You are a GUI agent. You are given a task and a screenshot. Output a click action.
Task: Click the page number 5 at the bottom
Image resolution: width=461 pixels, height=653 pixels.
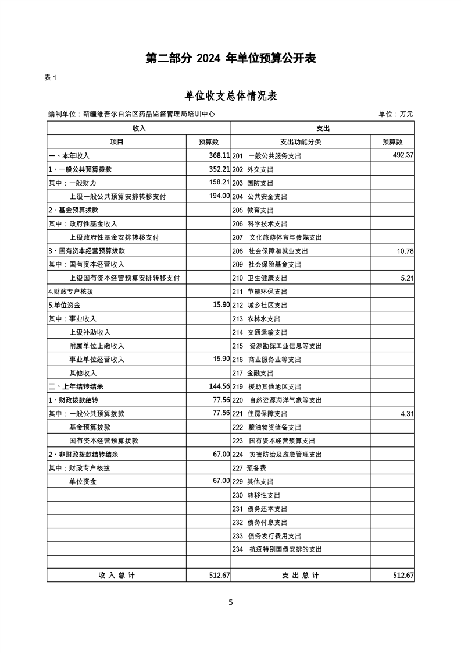tap(231, 602)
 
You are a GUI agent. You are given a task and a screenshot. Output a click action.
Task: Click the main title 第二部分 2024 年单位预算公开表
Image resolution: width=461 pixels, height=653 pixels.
tap(230, 59)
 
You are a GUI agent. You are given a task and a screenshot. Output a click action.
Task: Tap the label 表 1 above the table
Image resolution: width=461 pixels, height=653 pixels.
tap(51, 79)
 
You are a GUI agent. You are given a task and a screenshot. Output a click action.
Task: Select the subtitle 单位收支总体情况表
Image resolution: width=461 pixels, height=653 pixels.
tap(230, 96)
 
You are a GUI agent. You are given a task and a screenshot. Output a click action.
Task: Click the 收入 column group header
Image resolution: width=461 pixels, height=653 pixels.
tap(138, 128)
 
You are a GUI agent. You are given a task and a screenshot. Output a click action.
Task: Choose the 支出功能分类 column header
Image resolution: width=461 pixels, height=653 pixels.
tap(301, 142)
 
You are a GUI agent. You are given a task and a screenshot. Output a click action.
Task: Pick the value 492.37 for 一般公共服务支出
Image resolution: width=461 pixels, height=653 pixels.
tap(402, 155)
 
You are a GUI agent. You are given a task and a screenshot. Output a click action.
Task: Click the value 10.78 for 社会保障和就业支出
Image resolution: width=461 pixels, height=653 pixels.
tap(405, 251)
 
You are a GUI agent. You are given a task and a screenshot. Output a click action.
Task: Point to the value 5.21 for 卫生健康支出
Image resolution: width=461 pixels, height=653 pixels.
tap(407, 278)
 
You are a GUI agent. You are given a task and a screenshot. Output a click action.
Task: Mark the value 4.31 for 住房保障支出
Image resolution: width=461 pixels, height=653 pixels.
tap(407, 414)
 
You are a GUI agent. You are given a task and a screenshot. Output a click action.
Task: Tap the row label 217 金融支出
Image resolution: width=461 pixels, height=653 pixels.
tap(252, 373)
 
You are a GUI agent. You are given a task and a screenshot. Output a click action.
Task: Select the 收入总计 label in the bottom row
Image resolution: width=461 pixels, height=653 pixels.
tap(116, 575)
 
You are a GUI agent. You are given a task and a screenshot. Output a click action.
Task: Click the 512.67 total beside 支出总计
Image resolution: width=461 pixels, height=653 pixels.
tap(403, 575)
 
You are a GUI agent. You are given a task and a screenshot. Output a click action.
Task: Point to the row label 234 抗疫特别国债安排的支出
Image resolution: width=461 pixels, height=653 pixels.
tap(276, 549)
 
